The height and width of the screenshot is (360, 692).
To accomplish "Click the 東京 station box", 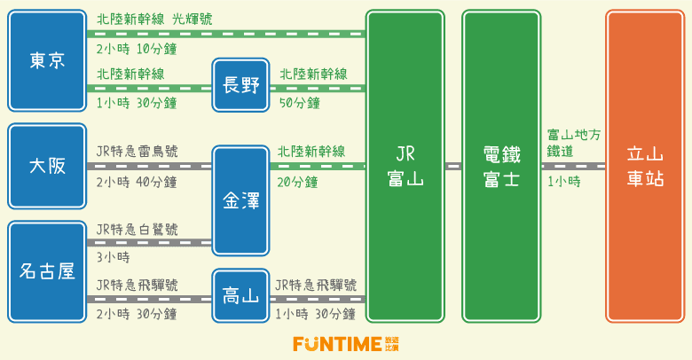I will (x=46, y=60).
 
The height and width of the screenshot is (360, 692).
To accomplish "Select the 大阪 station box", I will (x=46, y=166).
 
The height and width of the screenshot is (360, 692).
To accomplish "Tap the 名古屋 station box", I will (x=46, y=271).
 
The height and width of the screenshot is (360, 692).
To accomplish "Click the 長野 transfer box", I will (x=240, y=85).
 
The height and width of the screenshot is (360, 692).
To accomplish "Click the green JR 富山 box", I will (x=405, y=166).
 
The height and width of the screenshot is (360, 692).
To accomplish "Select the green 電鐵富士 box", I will (x=500, y=166).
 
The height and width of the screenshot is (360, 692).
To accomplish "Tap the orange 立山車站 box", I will (x=645, y=166).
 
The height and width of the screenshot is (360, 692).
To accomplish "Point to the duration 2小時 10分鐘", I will (x=137, y=48).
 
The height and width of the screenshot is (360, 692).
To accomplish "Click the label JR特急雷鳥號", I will (x=137, y=152).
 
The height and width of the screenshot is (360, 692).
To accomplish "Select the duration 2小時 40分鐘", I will (x=137, y=182).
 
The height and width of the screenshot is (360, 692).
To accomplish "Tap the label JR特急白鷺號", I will (x=137, y=229).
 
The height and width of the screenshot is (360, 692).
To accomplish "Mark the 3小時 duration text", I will (x=113, y=257).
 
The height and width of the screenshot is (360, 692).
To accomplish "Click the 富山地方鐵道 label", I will (x=573, y=143).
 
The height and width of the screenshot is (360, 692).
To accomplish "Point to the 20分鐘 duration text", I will (x=297, y=182).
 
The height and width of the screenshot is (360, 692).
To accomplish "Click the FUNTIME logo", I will (x=346, y=344).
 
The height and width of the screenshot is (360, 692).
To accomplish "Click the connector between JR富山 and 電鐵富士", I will (x=452, y=166).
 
